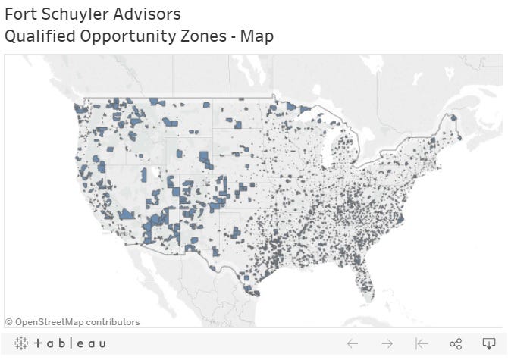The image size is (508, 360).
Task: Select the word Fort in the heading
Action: tap(20, 14)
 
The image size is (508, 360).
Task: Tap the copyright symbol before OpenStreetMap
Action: tap(9, 322)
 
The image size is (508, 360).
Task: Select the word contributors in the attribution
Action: tap(114, 322)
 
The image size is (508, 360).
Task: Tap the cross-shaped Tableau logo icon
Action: tap(21, 343)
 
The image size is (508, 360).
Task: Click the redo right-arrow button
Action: tap(387, 343)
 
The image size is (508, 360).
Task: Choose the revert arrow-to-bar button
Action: tap(422, 343)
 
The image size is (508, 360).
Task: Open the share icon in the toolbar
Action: tap(456, 343)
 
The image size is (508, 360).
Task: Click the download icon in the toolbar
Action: tap(489, 343)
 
